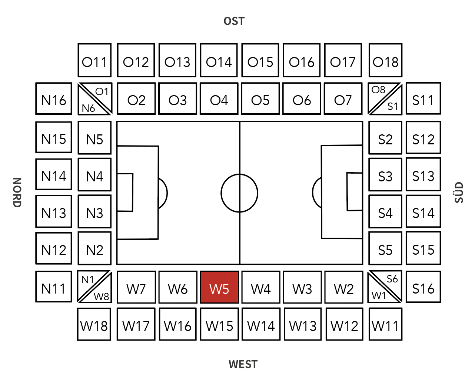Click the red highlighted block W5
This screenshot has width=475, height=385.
(x=219, y=287)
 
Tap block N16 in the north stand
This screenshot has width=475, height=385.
(x=54, y=99)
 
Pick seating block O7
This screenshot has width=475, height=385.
(x=343, y=99)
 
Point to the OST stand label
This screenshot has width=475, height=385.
(x=234, y=21)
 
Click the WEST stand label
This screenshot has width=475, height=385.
(x=243, y=364)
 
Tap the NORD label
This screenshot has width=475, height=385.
(x=17, y=192)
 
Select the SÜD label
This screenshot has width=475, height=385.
(x=459, y=192)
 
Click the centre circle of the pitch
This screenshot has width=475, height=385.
(x=239, y=193)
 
